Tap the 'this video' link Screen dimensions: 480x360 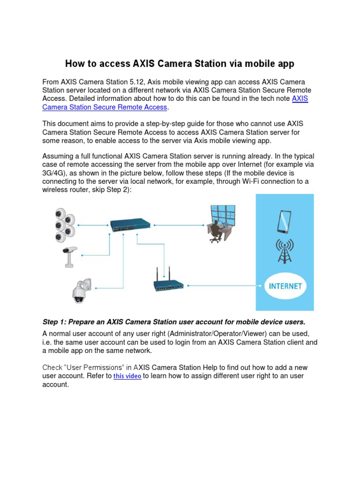127,376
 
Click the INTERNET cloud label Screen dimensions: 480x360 285,285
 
